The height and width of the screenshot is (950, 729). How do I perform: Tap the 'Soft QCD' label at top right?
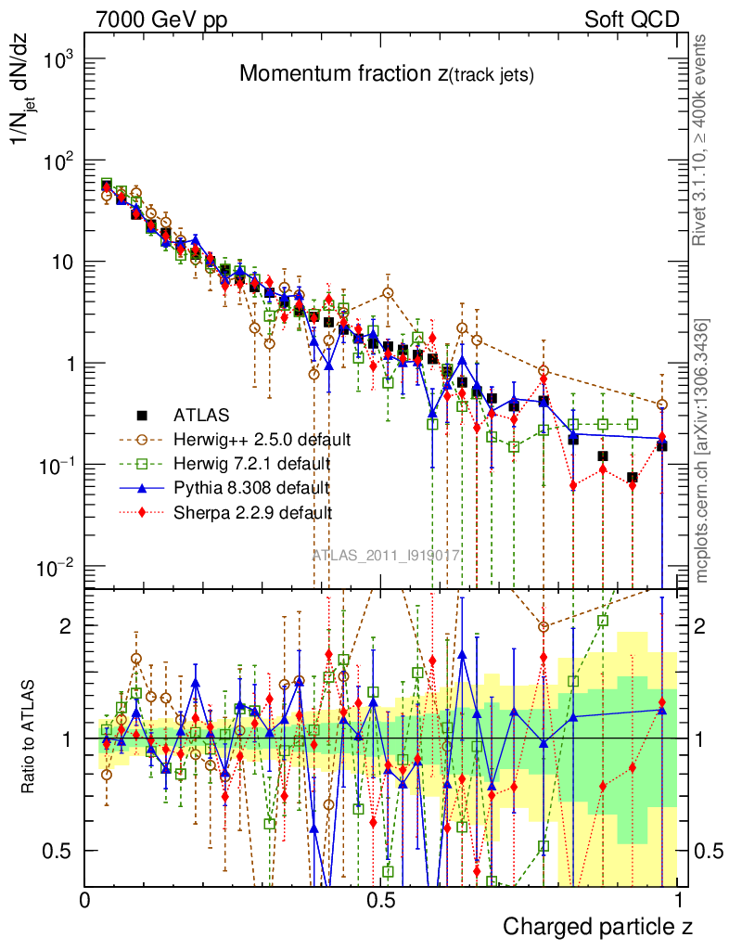point(632,19)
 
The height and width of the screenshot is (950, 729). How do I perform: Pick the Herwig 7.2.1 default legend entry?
point(250,462)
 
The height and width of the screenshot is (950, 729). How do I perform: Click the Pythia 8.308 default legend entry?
point(251,486)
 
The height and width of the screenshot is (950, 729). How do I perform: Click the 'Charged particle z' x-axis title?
point(597,926)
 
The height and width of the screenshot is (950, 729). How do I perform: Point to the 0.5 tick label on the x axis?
point(380,901)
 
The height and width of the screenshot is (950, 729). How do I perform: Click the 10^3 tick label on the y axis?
point(58,59)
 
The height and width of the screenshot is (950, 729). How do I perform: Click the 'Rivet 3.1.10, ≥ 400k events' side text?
point(701,140)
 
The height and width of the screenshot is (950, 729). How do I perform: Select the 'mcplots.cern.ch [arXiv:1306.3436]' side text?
point(702,450)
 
